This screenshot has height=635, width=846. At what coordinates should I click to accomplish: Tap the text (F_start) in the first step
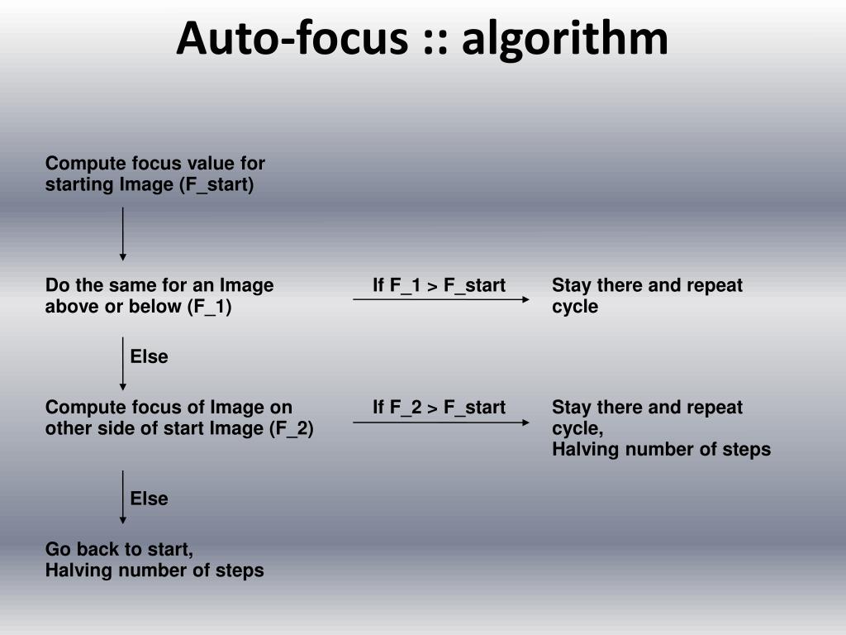tap(216, 184)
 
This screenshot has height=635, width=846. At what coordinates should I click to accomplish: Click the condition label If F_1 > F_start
tap(439, 286)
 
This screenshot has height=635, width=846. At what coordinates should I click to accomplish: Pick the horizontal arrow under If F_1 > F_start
tap(441, 299)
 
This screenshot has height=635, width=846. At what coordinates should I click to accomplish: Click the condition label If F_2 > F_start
tap(439, 408)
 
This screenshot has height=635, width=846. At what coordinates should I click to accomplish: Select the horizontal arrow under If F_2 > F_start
tap(441, 423)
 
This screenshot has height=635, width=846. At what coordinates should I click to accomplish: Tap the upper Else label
tap(149, 357)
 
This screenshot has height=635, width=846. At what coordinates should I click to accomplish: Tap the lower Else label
tap(149, 499)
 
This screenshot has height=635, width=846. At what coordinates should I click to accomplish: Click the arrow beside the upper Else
tap(123, 363)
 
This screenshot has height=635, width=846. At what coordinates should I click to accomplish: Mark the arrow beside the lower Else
tap(123, 497)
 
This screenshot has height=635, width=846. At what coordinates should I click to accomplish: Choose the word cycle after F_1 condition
tap(575, 307)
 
